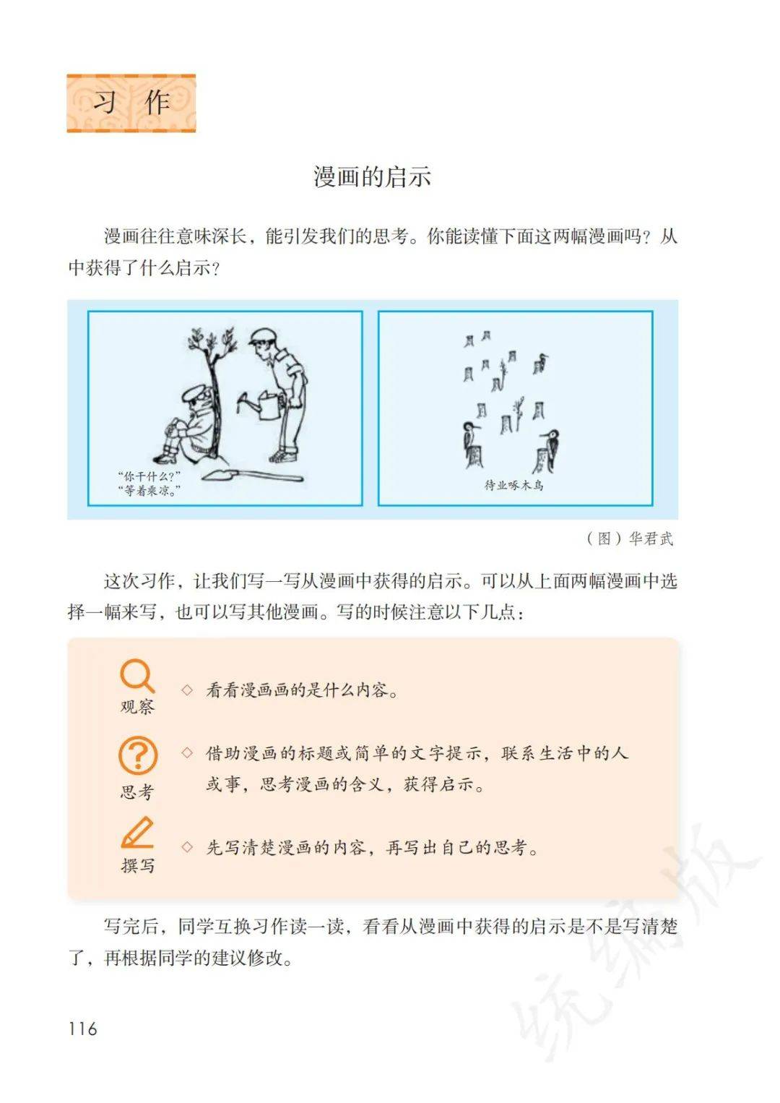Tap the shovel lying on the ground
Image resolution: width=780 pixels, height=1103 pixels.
tap(253, 475)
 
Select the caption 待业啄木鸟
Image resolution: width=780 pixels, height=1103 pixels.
tap(514, 485)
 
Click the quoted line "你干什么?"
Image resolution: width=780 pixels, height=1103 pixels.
tap(149, 476)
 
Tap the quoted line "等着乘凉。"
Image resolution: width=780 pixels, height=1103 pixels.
tap(149, 491)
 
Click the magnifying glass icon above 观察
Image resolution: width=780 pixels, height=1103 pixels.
tap(137, 676)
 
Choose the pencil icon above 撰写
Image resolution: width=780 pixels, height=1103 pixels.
tap(138, 833)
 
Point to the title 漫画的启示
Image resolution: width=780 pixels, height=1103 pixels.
tap(373, 177)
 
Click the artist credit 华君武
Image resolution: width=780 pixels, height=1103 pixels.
tap(651, 538)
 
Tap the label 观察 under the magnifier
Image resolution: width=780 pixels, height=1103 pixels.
tap(137, 707)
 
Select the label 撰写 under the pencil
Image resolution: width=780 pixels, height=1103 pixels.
tap(138, 864)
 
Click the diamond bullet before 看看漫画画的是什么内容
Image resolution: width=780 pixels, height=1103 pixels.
tap(187, 690)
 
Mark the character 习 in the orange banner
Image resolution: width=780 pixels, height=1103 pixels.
tap(105, 103)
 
